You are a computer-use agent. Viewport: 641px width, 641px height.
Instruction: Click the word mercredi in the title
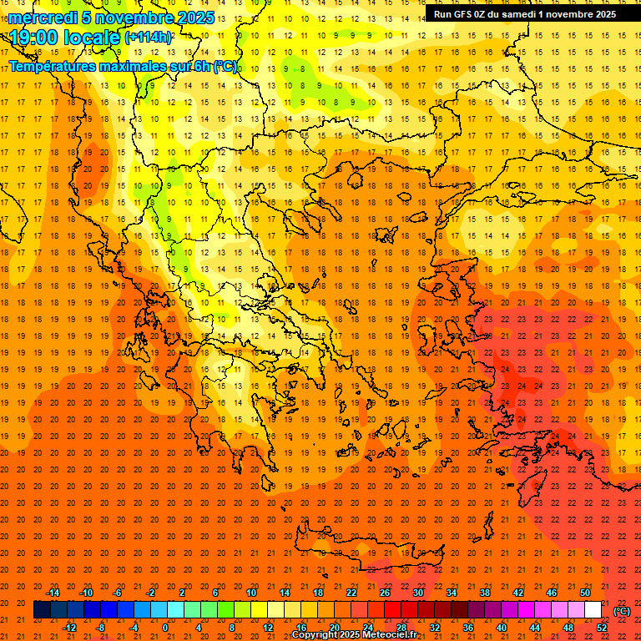[x=41, y=18]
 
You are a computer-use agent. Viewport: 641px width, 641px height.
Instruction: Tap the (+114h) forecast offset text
[x=148, y=37]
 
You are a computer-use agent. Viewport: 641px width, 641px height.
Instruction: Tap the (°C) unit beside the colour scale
[x=622, y=610]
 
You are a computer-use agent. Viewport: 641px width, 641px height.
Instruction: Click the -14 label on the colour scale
[x=53, y=593]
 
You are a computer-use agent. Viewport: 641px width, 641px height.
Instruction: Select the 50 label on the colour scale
[x=584, y=593]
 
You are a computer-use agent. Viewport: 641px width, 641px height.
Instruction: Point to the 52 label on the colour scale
[x=602, y=628]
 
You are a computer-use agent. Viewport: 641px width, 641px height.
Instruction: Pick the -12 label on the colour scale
[x=69, y=628]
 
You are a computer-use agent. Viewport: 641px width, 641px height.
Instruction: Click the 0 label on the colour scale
[x=165, y=628]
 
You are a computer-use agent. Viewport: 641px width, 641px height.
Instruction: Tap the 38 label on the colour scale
[x=484, y=593]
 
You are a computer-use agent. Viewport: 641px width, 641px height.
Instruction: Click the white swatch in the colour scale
[x=593, y=610]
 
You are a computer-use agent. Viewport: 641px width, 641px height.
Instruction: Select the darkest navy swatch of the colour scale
[x=42, y=610]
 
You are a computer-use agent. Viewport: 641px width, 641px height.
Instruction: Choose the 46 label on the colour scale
[x=552, y=593]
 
